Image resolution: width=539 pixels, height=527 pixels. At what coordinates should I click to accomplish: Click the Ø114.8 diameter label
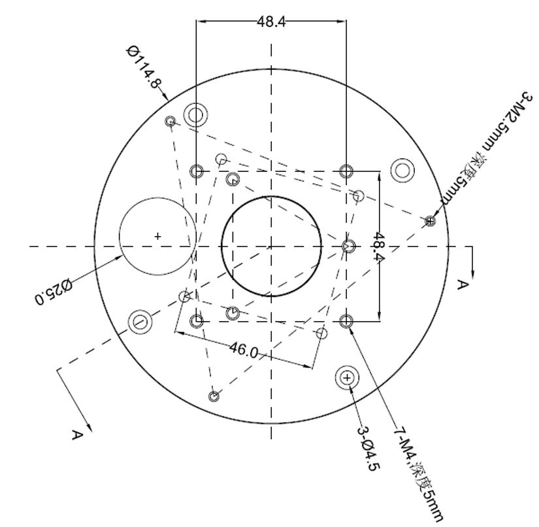(x=144, y=67)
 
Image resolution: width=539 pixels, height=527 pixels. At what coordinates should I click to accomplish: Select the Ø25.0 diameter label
(x=54, y=292)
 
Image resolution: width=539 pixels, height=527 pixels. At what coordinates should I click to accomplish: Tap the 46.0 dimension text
(x=244, y=350)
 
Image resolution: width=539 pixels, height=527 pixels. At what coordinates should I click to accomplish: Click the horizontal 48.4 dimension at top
(x=271, y=22)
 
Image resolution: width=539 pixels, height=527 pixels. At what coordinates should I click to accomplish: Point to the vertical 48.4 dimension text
(x=378, y=246)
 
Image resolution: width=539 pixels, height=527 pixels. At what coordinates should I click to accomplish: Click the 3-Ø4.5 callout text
(x=368, y=449)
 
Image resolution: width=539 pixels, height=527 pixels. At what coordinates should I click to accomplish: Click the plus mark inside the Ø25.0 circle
(x=157, y=236)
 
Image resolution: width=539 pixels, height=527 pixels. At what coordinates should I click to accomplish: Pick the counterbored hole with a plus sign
(x=347, y=378)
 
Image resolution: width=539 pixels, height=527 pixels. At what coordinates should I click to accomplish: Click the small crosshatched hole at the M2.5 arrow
(x=430, y=221)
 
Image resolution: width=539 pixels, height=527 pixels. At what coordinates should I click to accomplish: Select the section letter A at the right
(x=463, y=285)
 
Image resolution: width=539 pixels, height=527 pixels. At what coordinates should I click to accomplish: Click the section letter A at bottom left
(x=78, y=435)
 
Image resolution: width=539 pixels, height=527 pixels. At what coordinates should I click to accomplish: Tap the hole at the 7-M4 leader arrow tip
(x=346, y=321)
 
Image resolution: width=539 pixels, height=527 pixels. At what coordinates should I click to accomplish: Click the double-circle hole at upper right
(x=402, y=170)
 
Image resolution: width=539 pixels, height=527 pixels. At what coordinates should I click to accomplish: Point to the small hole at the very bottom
(x=214, y=396)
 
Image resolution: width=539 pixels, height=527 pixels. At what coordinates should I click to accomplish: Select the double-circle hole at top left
(x=195, y=114)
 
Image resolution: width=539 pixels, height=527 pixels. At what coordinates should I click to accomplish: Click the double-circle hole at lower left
(x=140, y=322)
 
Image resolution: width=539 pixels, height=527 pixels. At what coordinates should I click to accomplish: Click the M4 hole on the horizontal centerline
(x=349, y=246)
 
